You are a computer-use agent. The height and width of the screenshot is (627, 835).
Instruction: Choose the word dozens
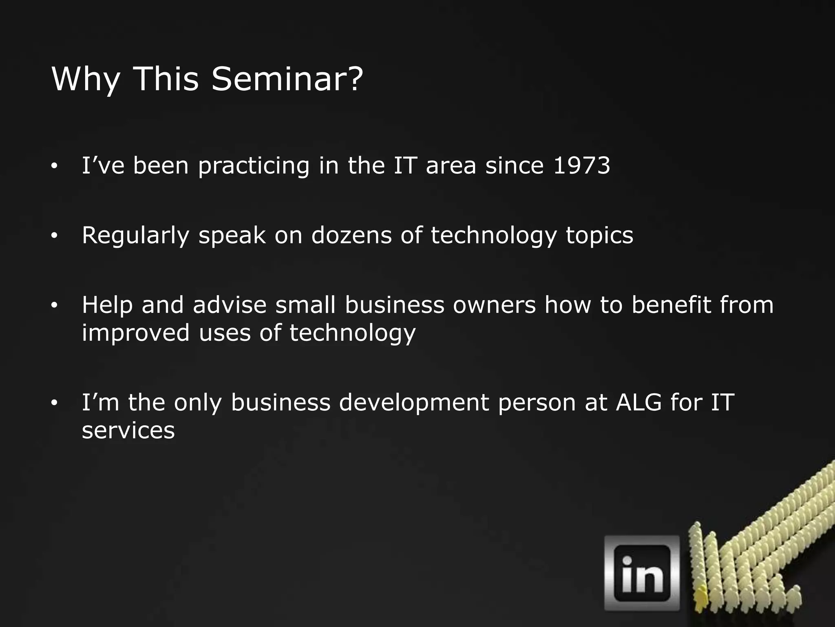click(x=351, y=235)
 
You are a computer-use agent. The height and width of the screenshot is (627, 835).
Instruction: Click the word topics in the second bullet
click(x=599, y=236)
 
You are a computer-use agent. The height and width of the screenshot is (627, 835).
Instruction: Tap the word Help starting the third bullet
click(x=107, y=305)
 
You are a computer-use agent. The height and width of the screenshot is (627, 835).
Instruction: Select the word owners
click(x=494, y=305)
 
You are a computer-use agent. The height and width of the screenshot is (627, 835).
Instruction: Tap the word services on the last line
click(x=128, y=430)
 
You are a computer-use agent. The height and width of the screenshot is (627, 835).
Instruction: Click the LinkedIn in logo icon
click(x=642, y=573)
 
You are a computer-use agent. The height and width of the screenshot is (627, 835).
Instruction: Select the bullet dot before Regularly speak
click(x=54, y=236)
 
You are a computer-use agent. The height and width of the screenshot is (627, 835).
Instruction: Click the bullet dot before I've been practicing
click(x=54, y=166)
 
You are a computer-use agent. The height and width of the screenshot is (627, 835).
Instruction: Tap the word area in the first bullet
click(x=451, y=166)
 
